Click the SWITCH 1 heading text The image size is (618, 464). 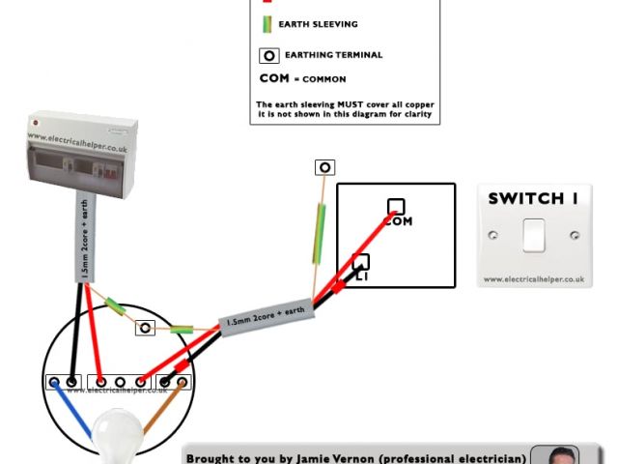(x=533, y=199)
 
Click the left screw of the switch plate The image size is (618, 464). (x=492, y=235)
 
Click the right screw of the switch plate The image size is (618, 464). (x=575, y=235)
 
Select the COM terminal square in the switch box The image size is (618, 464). (x=396, y=207)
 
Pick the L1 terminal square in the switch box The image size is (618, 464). (x=361, y=262)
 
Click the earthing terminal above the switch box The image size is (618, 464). (x=325, y=167)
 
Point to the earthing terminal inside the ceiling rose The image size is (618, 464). (x=146, y=328)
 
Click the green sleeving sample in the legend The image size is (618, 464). (x=266, y=24)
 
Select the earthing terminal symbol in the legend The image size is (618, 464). (x=268, y=55)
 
